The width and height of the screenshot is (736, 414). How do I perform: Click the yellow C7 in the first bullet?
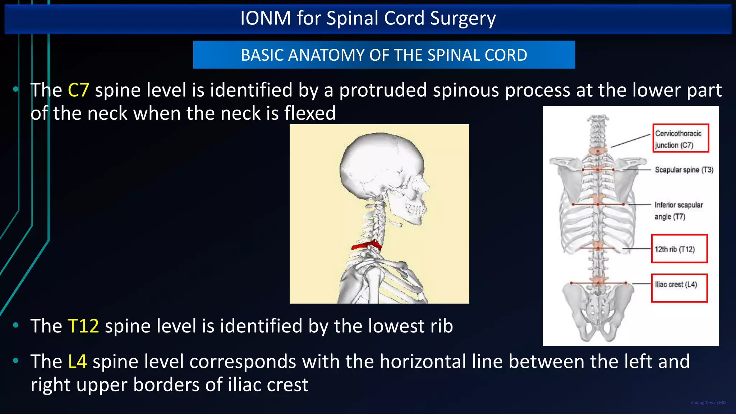tap(78, 90)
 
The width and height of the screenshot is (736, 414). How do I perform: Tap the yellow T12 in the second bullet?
tap(83, 326)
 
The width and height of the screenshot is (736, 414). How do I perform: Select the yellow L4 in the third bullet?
tap(77, 361)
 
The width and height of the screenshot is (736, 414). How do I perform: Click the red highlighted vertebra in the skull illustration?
tap(366, 245)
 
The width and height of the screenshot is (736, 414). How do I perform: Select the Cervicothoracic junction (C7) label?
tap(680, 139)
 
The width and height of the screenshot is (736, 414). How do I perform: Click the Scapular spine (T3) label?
tap(684, 170)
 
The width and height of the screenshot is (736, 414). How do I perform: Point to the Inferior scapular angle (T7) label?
tap(678, 211)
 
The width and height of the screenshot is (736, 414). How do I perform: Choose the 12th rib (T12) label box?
tap(678, 249)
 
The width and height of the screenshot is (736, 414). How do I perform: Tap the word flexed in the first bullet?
tap(310, 113)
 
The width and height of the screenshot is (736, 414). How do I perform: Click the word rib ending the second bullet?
tap(442, 326)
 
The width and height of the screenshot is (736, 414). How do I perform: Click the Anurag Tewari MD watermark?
tap(708, 402)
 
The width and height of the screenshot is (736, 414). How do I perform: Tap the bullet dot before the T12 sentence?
tap(15, 326)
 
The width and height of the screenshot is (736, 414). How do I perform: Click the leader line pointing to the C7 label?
tap(631, 141)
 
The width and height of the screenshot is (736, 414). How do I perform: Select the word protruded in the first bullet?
tap(383, 90)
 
